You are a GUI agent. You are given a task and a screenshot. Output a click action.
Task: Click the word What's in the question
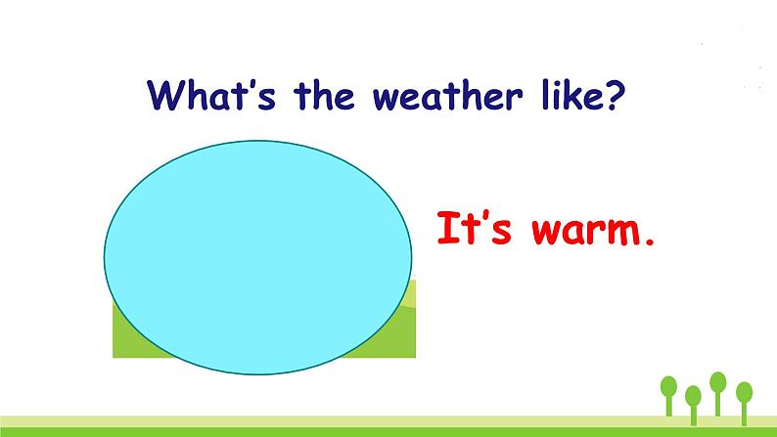211,95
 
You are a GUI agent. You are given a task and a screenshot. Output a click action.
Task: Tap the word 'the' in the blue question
324,95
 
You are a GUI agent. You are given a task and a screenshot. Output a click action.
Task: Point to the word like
569,95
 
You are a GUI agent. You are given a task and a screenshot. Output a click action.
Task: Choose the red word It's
474,228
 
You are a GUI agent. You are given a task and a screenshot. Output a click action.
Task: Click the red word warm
586,230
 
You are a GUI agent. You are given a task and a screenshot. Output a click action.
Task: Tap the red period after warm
649,241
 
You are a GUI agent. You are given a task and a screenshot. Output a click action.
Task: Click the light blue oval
257,257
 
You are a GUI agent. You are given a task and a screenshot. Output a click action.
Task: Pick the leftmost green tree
668,395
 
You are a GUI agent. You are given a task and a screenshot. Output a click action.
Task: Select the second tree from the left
693,405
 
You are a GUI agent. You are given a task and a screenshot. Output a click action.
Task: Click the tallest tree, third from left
718,393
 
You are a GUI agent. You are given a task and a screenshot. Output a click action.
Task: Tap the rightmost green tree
745,403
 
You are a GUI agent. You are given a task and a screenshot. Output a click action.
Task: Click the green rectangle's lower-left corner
113,357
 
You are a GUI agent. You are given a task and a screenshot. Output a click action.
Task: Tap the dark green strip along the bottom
388,432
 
